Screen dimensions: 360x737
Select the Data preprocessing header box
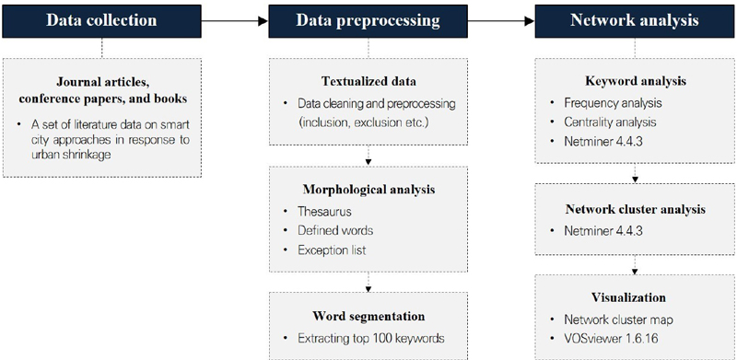(x=368, y=20)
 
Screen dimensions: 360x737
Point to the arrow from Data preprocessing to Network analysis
(x=499, y=20)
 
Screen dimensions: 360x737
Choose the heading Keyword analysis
(x=632, y=80)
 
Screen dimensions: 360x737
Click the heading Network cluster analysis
(x=632, y=208)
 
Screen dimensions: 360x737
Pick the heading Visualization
(x=632, y=297)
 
